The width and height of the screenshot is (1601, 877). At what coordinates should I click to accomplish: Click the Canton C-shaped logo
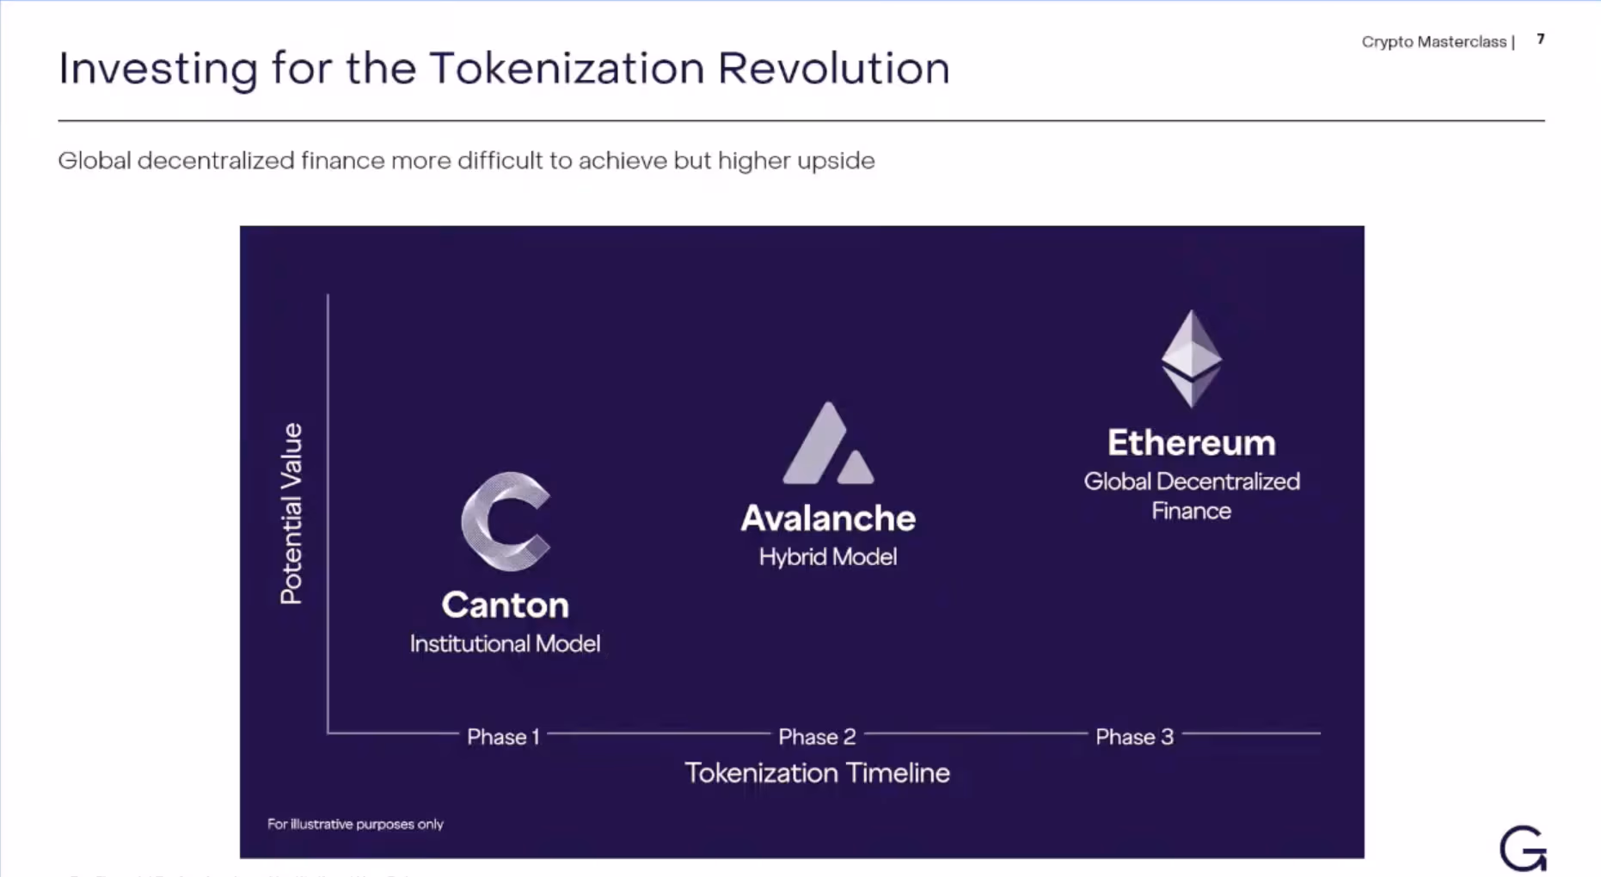coord(505,521)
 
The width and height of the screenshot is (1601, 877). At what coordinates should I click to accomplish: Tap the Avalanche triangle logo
coord(828,444)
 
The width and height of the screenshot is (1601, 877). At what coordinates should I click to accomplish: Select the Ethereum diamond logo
coord(1191,358)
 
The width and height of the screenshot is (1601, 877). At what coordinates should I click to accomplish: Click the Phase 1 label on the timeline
coord(503,737)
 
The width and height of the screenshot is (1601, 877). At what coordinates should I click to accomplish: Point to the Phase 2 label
coord(817,737)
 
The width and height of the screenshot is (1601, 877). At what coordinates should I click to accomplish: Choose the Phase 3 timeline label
coord(1134,737)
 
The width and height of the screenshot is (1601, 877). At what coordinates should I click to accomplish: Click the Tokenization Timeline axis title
coord(817,773)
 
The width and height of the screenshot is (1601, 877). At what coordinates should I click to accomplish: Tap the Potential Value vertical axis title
coord(291,513)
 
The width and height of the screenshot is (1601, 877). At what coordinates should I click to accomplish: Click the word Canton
coord(506,605)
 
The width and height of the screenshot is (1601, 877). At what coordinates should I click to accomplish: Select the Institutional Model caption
coord(505,644)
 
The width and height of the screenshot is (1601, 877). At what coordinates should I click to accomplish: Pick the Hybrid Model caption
coord(828,557)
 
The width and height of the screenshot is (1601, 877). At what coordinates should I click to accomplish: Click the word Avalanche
coord(828,518)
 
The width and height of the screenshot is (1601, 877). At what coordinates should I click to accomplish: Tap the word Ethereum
coord(1191,443)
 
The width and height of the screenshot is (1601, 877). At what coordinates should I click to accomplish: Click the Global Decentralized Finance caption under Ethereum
coord(1191,496)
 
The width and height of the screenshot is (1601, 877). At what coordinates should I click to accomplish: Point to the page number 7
coord(1541,40)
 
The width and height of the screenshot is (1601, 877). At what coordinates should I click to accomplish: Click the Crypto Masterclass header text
coord(1433,41)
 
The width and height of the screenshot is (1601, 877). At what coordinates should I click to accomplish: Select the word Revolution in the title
coord(833,69)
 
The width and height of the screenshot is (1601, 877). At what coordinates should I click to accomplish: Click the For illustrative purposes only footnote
coord(355,824)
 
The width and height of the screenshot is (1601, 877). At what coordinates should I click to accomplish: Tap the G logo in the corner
coord(1523,849)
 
